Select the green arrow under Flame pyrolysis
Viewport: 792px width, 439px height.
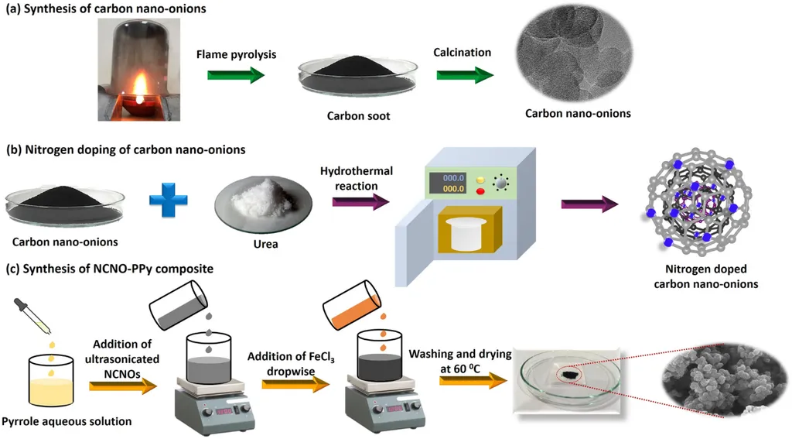coord(236,74)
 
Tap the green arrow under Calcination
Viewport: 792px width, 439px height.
coord(465,74)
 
